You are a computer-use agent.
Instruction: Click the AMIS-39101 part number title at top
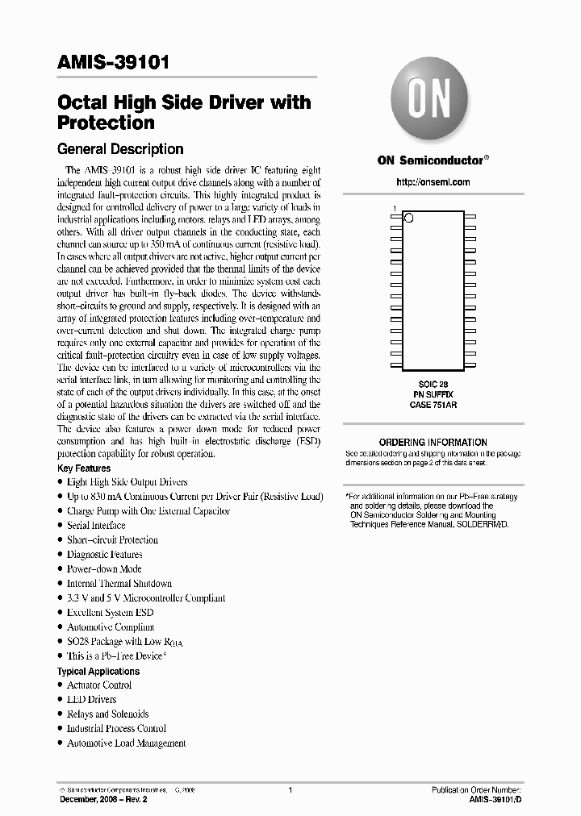pyautogui.click(x=112, y=64)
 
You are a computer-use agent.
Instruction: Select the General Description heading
pyautogui.click(x=119, y=149)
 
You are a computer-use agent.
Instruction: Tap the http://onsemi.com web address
pyautogui.click(x=433, y=182)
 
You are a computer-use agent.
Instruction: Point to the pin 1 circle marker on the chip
pyautogui.click(x=408, y=217)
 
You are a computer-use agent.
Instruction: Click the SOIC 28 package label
pyautogui.click(x=433, y=385)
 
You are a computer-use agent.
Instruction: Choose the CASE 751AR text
pyautogui.click(x=433, y=406)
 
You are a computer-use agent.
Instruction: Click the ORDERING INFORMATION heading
pyautogui.click(x=433, y=442)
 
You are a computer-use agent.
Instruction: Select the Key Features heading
pyautogui.click(x=84, y=468)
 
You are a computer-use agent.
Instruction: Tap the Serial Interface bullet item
pyautogui.click(x=95, y=525)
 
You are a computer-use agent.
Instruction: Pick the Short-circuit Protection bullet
pyautogui.click(x=112, y=539)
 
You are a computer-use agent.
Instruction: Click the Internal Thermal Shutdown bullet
pyautogui.click(x=119, y=583)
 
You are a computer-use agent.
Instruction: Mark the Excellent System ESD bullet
pyautogui.click(x=110, y=613)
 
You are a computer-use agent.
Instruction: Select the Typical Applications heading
pyautogui.click(x=98, y=671)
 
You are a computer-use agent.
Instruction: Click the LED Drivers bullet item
pyautogui.click(x=91, y=699)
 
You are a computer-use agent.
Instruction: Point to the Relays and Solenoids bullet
pyautogui.click(x=107, y=714)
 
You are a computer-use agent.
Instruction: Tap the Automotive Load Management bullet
pyautogui.click(x=126, y=743)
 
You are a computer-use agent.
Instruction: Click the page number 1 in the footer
pyautogui.click(x=290, y=790)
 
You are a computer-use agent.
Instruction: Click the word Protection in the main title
pyautogui.click(x=105, y=123)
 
